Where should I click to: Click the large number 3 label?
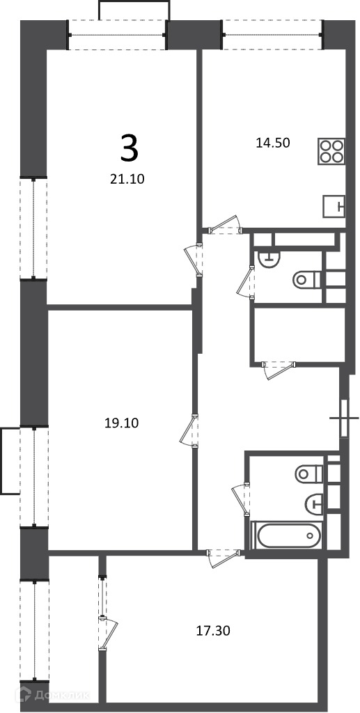tap(129, 149)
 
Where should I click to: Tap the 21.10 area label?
tap(127, 180)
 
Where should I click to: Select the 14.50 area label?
tap(273, 143)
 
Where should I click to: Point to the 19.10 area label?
tap(121, 423)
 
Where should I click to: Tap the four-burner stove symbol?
tap(331, 150)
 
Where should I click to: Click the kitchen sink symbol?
tap(334, 206)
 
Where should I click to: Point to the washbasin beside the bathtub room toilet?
tap(314, 502)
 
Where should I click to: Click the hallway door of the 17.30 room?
tap(223, 558)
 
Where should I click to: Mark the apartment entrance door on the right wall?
tap(344, 418)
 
